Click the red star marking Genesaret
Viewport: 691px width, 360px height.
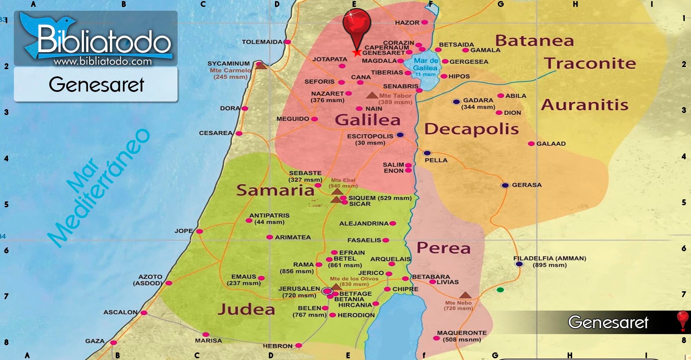[357, 53]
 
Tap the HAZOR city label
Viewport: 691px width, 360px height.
[407, 22]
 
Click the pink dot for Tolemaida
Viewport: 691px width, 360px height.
[287, 42]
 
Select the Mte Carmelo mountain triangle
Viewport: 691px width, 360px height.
[261, 66]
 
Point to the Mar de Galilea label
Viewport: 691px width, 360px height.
[426, 65]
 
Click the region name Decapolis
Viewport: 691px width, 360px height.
[471, 129]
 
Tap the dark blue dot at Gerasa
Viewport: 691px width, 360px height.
[505, 186]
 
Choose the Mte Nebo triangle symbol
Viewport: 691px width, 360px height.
[465, 295]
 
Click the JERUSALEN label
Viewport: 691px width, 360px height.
[299, 288]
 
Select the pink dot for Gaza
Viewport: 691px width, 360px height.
[113, 343]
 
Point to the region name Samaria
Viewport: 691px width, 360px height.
[275, 190]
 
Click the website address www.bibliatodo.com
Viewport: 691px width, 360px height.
[103, 61]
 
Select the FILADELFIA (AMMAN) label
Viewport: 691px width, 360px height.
[549, 258]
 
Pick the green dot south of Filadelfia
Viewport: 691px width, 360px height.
[500, 290]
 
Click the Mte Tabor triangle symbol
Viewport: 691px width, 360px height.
[372, 95]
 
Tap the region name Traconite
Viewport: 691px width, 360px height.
[590, 64]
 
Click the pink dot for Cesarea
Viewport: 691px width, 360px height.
[239, 133]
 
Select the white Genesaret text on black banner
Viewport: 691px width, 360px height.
[608, 322]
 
